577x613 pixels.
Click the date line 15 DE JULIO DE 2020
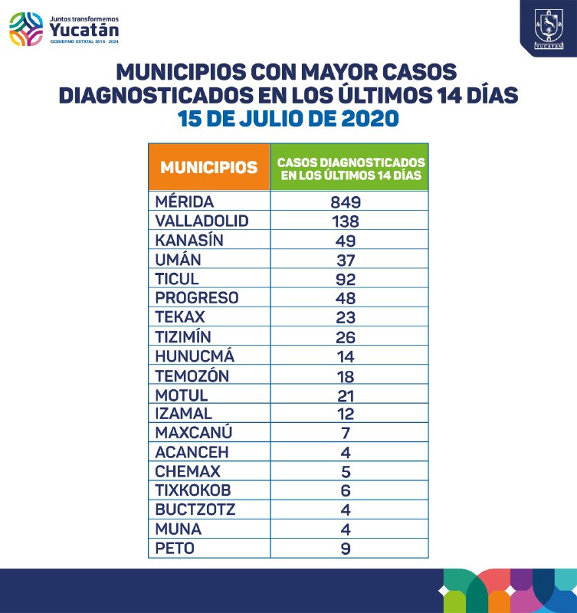(288, 120)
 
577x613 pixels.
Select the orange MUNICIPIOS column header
(208, 167)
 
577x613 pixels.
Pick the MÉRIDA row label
(183, 202)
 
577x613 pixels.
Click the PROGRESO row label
(196, 298)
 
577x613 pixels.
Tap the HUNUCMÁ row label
(195, 356)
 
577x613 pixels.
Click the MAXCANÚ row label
(193, 434)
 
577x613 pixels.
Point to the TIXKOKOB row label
(192, 491)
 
